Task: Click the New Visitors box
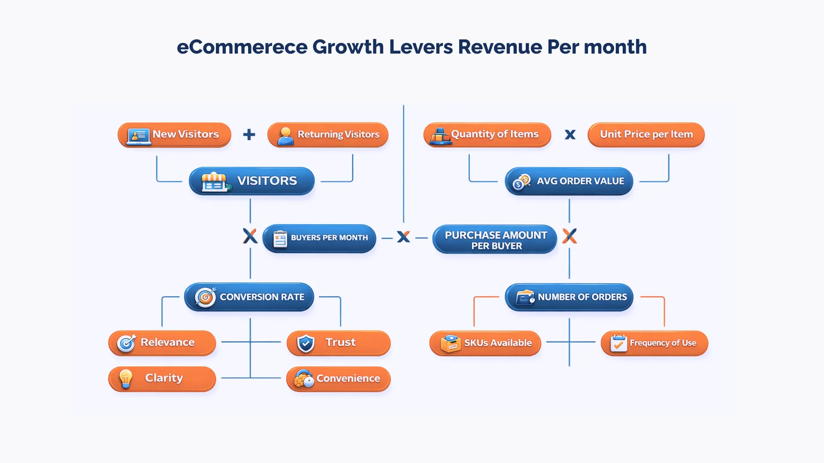(x=174, y=135)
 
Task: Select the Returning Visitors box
(x=328, y=135)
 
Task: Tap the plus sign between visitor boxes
(x=249, y=135)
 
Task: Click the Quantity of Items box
(x=487, y=135)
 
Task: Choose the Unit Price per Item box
(x=646, y=135)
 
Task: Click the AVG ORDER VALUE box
(x=569, y=181)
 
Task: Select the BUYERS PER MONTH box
(x=319, y=238)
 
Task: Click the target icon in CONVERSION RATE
(x=206, y=297)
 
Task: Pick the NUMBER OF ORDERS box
(x=569, y=297)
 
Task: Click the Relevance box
(x=162, y=343)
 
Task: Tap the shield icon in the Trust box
(x=306, y=343)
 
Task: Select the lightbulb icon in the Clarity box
(x=126, y=379)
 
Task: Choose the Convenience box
(x=339, y=379)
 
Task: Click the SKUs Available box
(x=485, y=343)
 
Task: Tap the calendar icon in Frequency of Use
(x=618, y=343)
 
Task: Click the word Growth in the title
(x=348, y=47)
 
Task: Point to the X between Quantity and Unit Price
(x=570, y=135)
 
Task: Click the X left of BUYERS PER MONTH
(x=250, y=236)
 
